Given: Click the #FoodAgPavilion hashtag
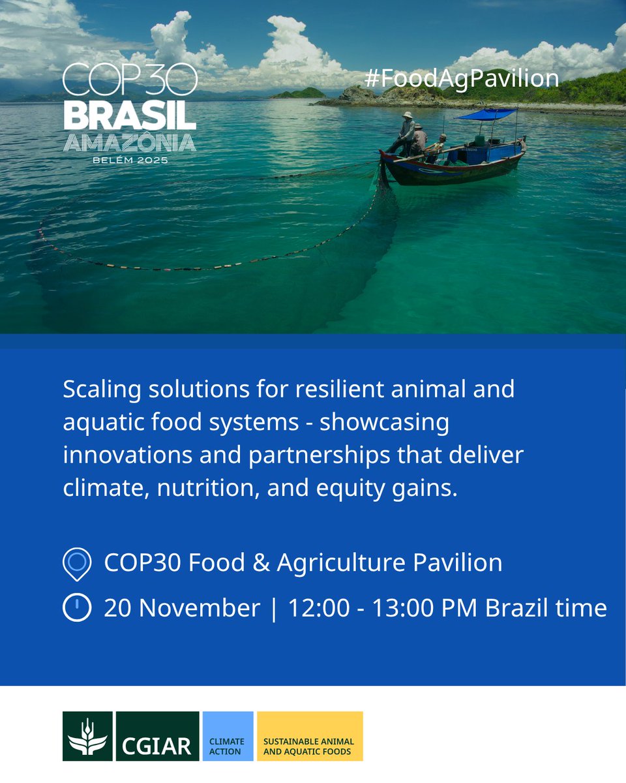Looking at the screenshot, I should (x=462, y=78).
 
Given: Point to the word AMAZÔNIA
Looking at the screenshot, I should (x=130, y=143).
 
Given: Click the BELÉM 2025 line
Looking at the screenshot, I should (x=130, y=160).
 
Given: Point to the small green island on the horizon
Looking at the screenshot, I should (x=298, y=93).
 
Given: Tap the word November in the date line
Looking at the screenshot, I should (x=200, y=608).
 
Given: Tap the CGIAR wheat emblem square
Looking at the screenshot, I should (x=87, y=736).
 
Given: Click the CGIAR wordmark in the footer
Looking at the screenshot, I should (x=157, y=744).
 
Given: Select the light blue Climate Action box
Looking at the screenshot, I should (x=228, y=736).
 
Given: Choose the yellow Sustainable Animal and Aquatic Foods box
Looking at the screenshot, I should (x=310, y=736).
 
